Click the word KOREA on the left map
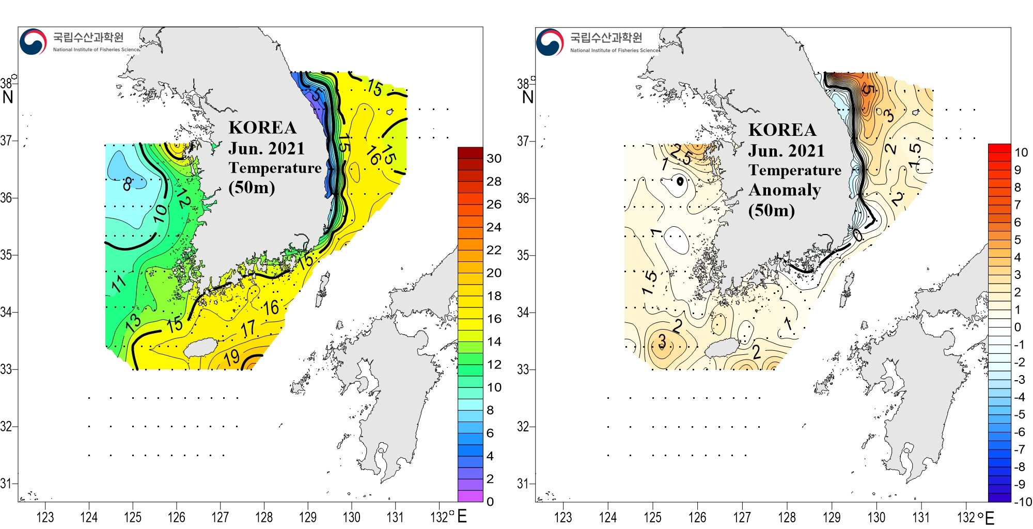pyautogui.click(x=262, y=128)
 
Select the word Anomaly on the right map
pyautogui.click(x=785, y=190)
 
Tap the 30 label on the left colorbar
pyautogui.click(x=494, y=159)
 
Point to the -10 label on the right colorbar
pyautogui.click(x=1022, y=502)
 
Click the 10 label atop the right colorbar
pyautogui.click(x=1021, y=152)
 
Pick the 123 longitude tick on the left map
pyautogui.click(x=45, y=517)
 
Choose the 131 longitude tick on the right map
pyautogui.click(x=921, y=517)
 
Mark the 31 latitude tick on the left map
pyautogui.click(x=6, y=484)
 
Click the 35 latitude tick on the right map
pyautogui.click(x=523, y=255)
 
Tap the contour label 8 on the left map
pyautogui.click(x=128, y=183)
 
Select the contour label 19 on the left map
pyautogui.click(x=232, y=357)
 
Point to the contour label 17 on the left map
pyautogui.click(x=248, y=328)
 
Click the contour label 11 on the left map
pyautogui.click(x=119, y=283)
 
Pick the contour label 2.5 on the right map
pyautogui.click(x=681, y=154)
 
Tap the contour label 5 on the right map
pyautogui.click(x=869, y=90)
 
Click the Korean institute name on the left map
pyautogui.click(x=88, y=37)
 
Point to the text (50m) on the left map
pyautogui.click(x=252, y=187)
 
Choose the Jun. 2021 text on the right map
pyautogui.click(x=786, y=151)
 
